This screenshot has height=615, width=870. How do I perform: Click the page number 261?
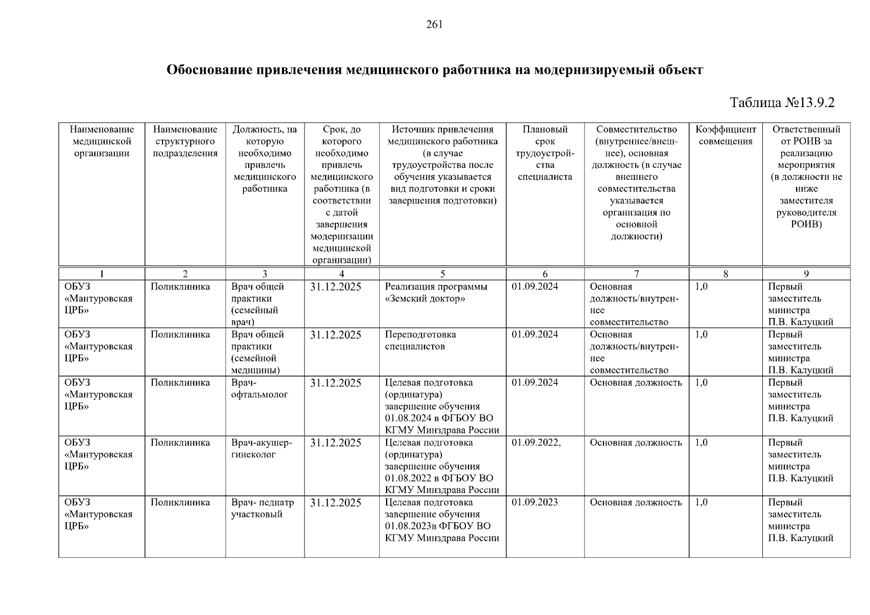[x=434, y=25]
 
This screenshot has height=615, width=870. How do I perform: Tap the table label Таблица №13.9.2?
[x=782, y=102]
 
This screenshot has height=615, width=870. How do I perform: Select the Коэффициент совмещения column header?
[x=725, y=136]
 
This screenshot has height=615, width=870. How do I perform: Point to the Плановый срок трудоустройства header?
[x=545, y=153]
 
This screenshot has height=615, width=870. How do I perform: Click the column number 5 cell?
[x=442, y=274]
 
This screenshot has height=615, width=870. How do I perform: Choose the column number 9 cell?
[x=806, y=274]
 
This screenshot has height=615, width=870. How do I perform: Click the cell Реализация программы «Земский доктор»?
[x=436, y=293]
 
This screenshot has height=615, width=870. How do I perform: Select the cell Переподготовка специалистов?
[x=420, y=340]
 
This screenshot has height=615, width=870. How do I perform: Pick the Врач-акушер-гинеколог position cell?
[x=261, y=448]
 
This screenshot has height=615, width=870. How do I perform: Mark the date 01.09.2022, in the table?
[x=536, y=443]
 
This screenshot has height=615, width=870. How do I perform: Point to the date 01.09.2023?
[x=535, y=503]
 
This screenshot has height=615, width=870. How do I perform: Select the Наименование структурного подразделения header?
[x=185, y=141]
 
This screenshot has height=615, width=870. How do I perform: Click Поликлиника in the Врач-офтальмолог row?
[x=180, y=383]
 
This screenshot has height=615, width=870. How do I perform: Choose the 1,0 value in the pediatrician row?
[x=701, y=503]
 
